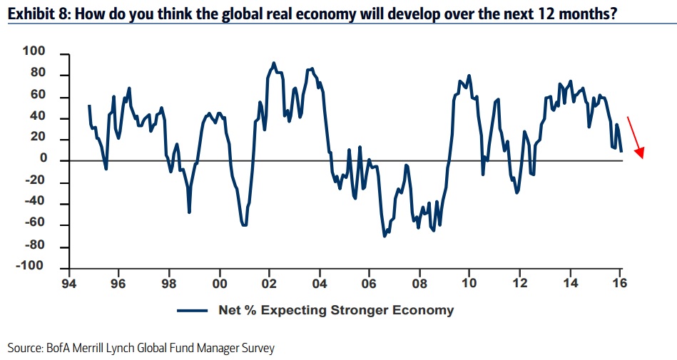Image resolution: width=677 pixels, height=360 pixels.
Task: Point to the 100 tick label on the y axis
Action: pyautogui.click(x=34, y=52)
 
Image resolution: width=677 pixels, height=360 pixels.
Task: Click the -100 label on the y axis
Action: pyautogui.click(x=31, y=267)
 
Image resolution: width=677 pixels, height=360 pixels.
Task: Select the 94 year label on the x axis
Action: pyautogui.click(x=68, y=281)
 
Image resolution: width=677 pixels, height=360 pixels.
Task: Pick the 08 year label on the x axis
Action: pyautogui.click(x=419, y=281)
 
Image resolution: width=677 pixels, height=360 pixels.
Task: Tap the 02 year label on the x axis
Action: pyautogui.click(x=269, y=281)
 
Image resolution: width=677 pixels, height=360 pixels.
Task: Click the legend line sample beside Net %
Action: pyautogui.click(x=192, y=310)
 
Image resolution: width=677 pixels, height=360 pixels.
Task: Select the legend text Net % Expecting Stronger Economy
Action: pyautogui.click(x=335, y=310)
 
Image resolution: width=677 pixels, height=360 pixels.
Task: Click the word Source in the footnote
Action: pyautogui.click(x=24, y=348)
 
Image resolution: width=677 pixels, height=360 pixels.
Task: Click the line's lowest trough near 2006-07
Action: pyautogui.click(x=385, y=235)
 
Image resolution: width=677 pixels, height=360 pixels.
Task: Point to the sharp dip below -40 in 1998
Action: pyautogui.click(x=189, y=212)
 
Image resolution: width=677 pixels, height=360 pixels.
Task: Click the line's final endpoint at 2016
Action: pyautogui.click(x=621, y=151)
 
